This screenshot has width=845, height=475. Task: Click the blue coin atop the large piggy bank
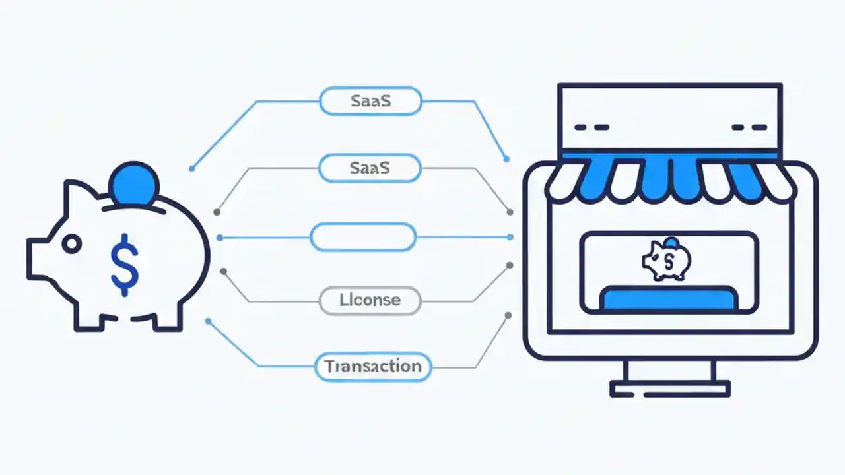pos(134,184)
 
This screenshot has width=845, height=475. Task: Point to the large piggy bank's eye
pos(71,245)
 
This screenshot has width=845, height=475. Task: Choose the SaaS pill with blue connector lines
pos(370,101)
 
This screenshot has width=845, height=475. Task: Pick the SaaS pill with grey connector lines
pos(370,168)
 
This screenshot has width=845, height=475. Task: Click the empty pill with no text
pos(363,237)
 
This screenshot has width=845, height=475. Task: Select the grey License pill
pos(370,300)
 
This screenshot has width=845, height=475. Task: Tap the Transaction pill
pos(373,366)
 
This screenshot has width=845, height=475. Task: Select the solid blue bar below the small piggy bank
pos(669,299)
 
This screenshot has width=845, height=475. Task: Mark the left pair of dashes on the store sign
pos(591,127)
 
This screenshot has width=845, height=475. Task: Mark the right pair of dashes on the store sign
pos(749,127)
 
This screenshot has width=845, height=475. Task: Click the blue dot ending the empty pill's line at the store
pos(510,237)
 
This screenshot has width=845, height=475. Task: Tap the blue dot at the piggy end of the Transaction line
pos(208,321)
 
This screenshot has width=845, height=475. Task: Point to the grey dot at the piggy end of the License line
pos(223,270)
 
